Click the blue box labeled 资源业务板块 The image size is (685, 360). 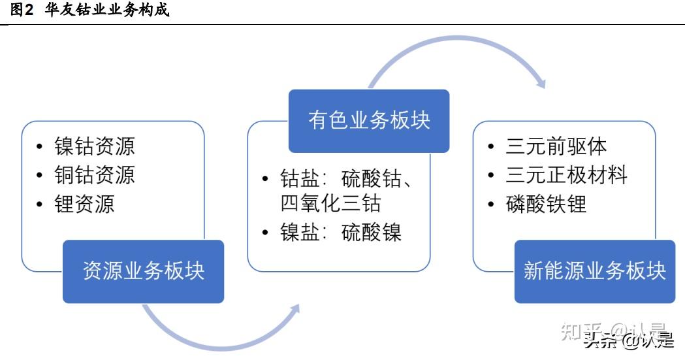click(143, 271)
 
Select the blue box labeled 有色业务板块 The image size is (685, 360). click(369, 121)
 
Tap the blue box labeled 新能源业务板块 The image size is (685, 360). click(594, 271)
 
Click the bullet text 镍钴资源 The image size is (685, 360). click(94, 146)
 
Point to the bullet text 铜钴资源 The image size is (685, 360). click(94, 174)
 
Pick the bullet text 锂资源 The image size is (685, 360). click(84, 204)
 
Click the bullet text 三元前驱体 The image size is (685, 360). click(556, 146)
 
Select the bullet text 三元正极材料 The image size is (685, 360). click(566, 174)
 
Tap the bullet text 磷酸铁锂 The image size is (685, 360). click(546, 204)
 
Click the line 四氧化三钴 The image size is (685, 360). click(330, 203)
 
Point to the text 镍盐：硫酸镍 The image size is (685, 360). click(341, 232)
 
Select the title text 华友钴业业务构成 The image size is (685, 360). click(107, 10)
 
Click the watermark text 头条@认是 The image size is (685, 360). click(629, 340)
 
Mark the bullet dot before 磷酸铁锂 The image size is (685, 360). click(492, 205)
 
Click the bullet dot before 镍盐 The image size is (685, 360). click(265, 233)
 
